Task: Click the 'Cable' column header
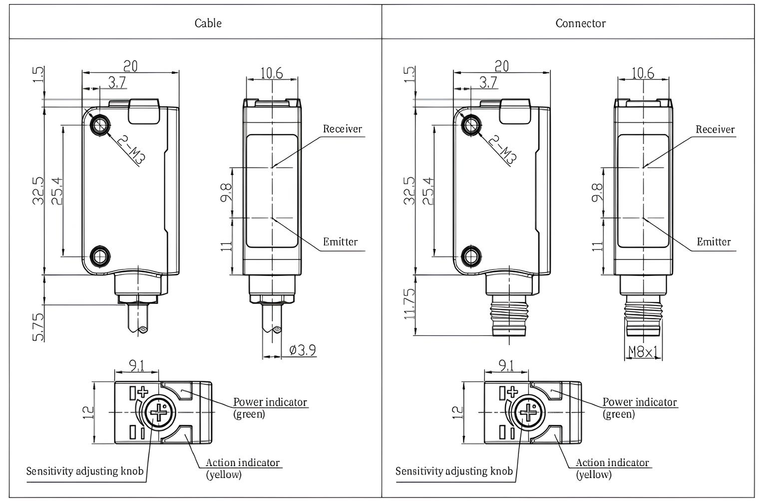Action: (x=208, y=23)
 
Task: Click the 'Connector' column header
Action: (x=580, y=23)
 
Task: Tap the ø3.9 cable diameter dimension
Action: (x=303, y=350)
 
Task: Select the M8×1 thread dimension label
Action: (x=643, y=352)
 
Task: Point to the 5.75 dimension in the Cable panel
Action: (x=38, y=327)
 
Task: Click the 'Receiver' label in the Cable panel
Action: (x=342, y=129)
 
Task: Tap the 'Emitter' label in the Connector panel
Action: (x=714, y=242)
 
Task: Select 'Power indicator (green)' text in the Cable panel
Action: (x=270, y=407)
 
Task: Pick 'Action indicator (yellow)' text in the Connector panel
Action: (x=612, y=468)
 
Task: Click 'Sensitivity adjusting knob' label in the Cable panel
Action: (x=85, y=471)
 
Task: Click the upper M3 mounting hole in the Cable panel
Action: (x=100, y=125)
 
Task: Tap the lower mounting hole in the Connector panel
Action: (x=470, y=256)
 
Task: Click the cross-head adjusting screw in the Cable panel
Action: (x=158, y=413)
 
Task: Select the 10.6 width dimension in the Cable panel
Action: (x=272, y=73)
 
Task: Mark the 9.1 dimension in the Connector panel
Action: (x=506, y=366)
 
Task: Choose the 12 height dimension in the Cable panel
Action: (x=89, y=412)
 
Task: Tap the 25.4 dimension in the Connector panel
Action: (x=427, y=191)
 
